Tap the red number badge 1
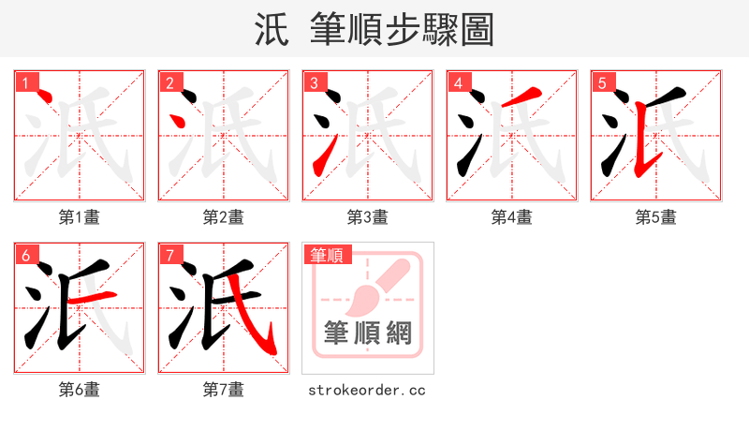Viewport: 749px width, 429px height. (25, 83)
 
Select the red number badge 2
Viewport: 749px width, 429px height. (169, 83)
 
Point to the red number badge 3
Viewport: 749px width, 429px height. (314, 83)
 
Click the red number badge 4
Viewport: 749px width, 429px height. (458, 83)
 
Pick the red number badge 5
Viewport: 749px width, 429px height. (602, 83)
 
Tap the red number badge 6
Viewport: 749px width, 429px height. (25, 255)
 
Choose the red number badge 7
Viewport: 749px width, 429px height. (169, 255)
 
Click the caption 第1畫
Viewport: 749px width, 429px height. (80, 217)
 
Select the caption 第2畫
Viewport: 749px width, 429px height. (224, 217)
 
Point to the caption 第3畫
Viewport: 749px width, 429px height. (368, 217)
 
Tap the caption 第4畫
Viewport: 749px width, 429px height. (512, 217)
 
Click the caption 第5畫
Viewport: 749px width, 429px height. (656, 217)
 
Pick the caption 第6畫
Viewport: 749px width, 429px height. (80, 389)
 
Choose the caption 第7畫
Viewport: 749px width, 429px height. (224, 389)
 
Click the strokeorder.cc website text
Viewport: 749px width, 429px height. (367, 389)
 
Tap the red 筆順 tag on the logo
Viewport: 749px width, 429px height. (326, 255)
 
